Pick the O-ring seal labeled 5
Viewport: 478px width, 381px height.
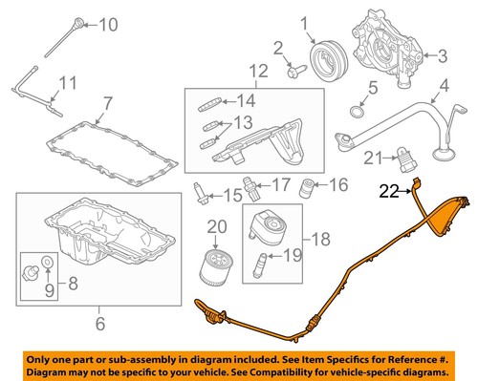pyautogui.click(x=355, y=116)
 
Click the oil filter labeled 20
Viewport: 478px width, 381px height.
pyautogui.click(x=212, y=266)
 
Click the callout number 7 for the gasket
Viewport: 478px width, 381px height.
pyautogui.click(x=107, y=103)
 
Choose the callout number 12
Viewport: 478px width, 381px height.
pyautogui.click(x=255, y=71)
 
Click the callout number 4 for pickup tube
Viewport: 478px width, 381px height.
pyautogui.click(x=443, y=95)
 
